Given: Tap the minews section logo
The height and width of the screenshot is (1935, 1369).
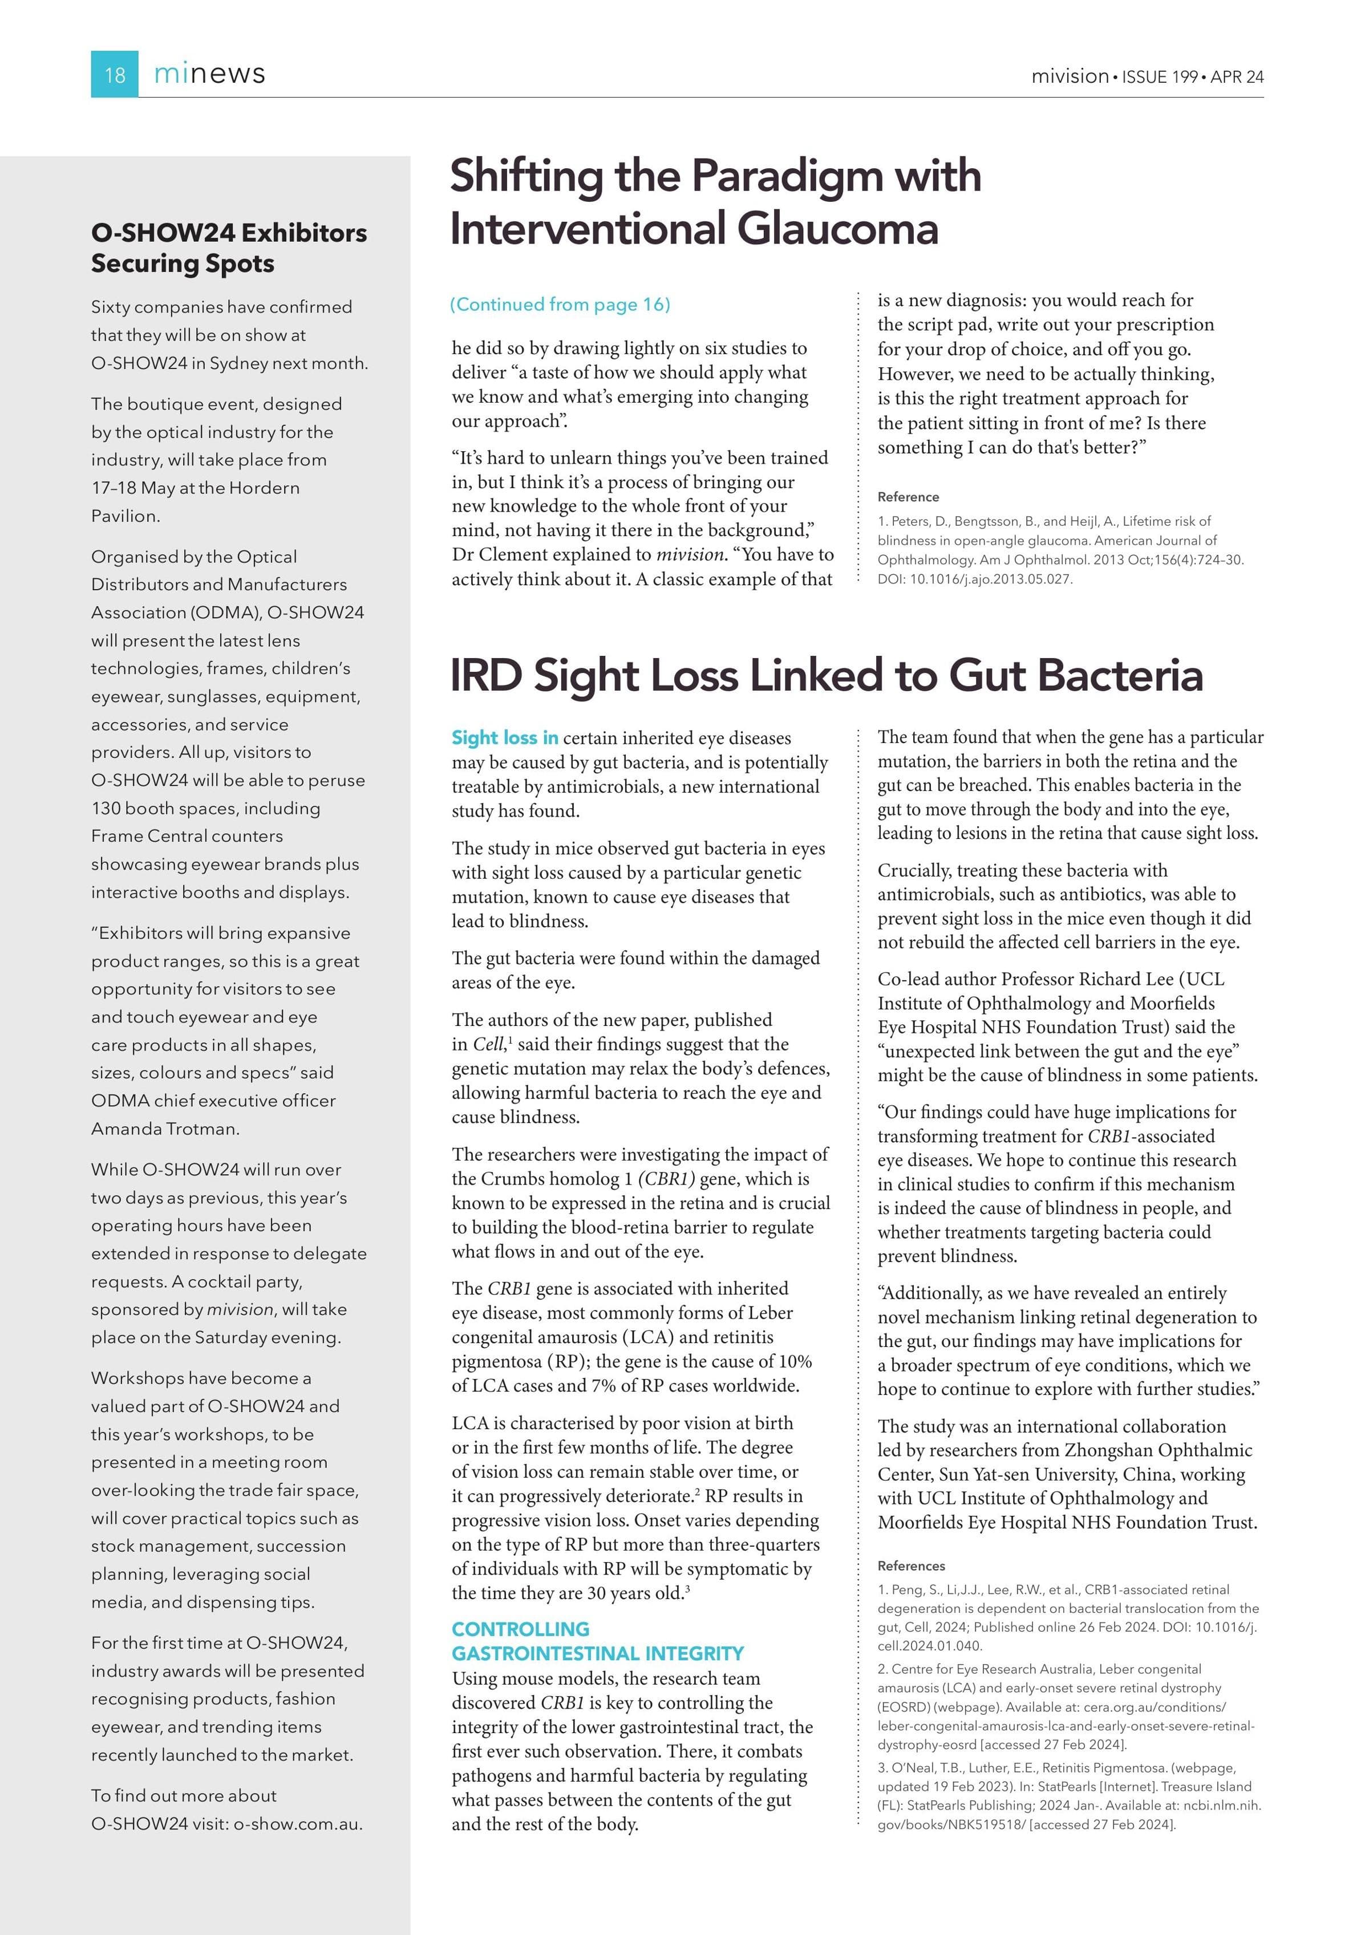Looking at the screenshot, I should point(209,74).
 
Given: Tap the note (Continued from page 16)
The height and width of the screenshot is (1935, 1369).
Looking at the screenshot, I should point(560,304).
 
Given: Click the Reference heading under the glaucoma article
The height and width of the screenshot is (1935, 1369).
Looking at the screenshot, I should point(908,497).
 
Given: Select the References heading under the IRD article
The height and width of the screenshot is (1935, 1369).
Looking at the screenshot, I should point(912,1566).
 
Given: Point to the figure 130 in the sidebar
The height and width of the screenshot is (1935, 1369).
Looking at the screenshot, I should point(107,808).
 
